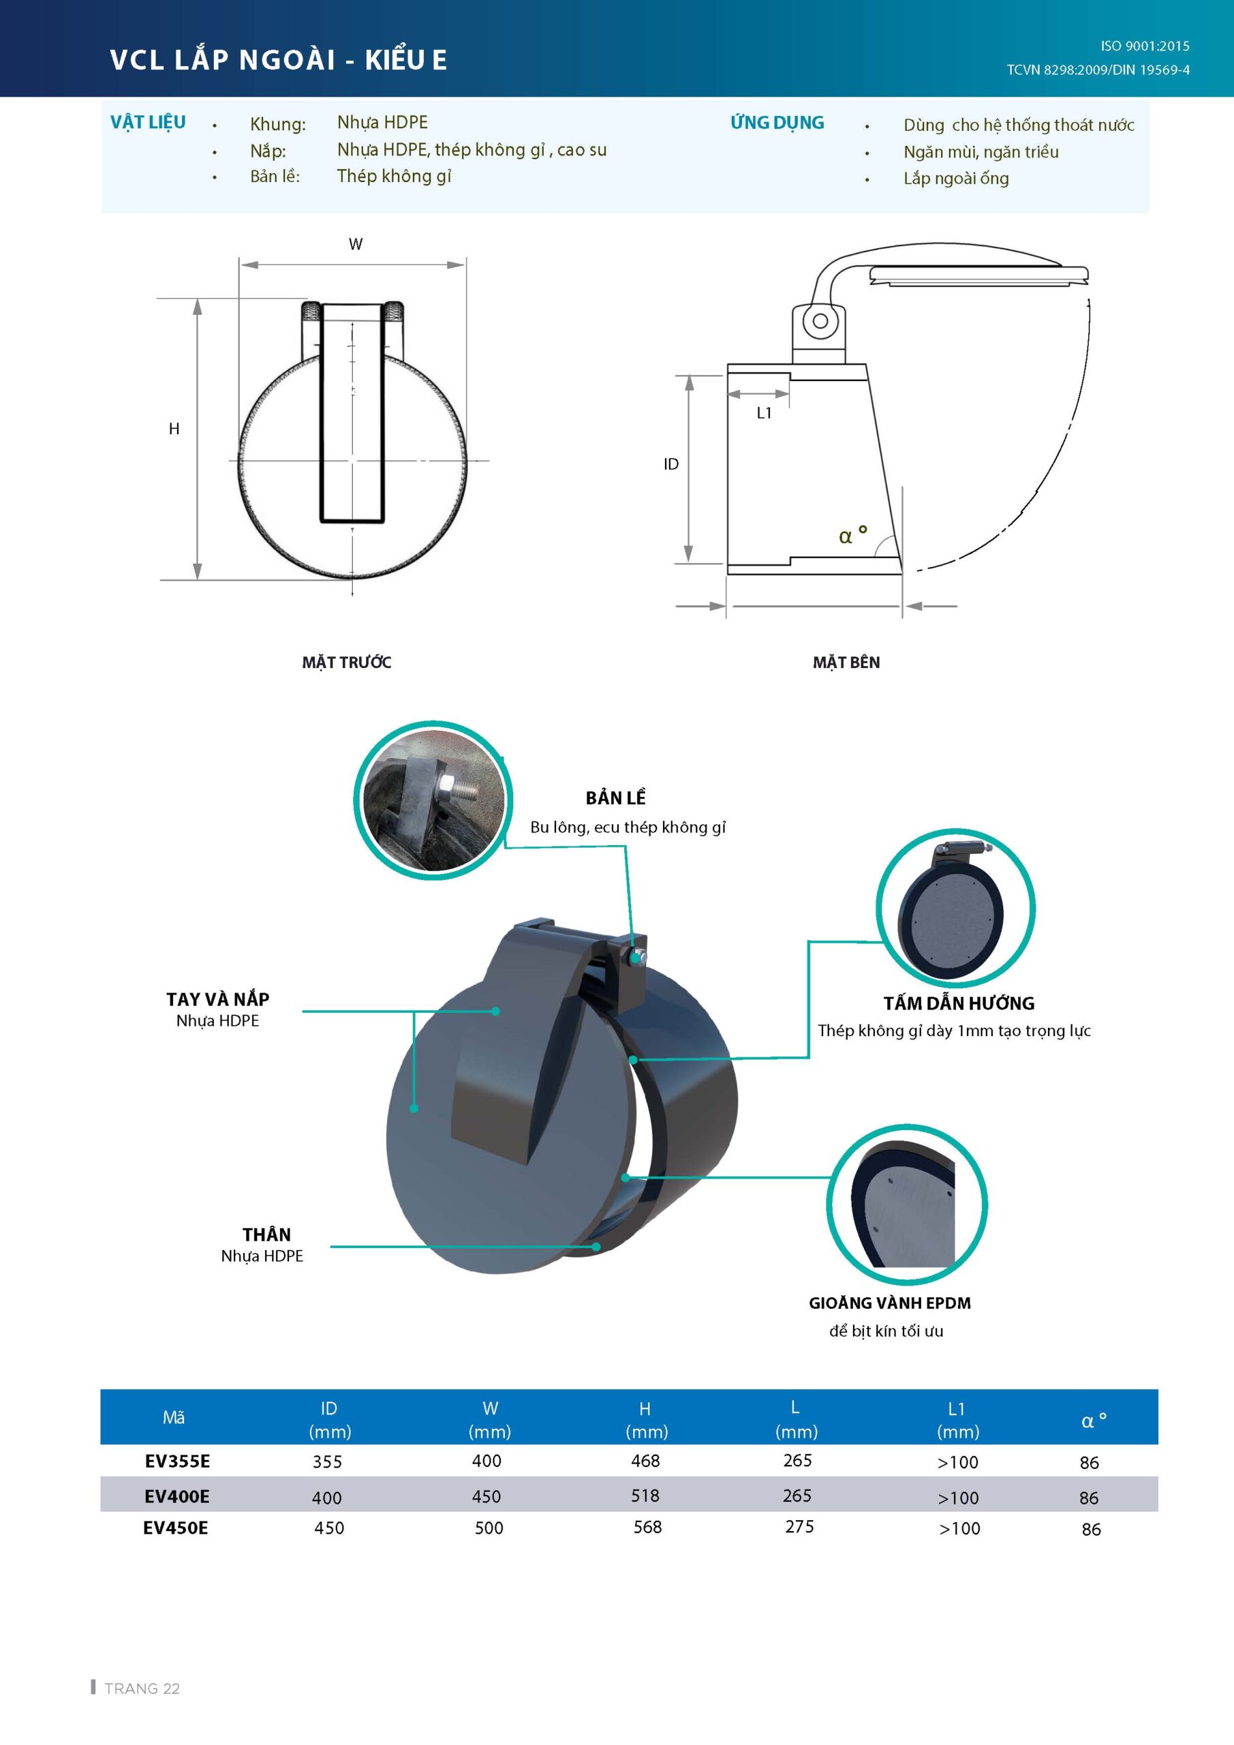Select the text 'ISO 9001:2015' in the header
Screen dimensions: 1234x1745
(x=1145, y=46)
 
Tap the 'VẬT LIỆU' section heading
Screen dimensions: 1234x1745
(x=148, y=123)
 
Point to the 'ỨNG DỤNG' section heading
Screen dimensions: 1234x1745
(x=777, y=123)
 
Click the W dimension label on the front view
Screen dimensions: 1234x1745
(x=356, y=244)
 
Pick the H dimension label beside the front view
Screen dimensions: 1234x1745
(x=174, y=429)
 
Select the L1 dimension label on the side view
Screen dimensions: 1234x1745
(x=765, y=412)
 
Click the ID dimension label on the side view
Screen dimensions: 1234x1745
(x=671, y=464)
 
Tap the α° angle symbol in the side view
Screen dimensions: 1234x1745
(x=852, y=534)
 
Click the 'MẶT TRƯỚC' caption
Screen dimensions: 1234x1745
(x=347, y=662)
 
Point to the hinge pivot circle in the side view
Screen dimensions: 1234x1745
(x=820, y=321)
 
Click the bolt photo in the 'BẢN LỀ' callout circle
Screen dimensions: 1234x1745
(x=433, y=800)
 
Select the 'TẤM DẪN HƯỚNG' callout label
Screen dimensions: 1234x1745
(x=959, y=1003)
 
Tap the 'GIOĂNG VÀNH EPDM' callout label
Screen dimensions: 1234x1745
(x=890, y=1303)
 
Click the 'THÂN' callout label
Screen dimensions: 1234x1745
(x=266, y=1234)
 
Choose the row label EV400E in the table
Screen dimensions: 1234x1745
(x=177, y=1496)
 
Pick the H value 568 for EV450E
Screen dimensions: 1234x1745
(x=647, y=1527)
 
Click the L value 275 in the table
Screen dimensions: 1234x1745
(x=799, y=1526)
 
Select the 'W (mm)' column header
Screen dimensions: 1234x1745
(x=490, y=1420)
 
